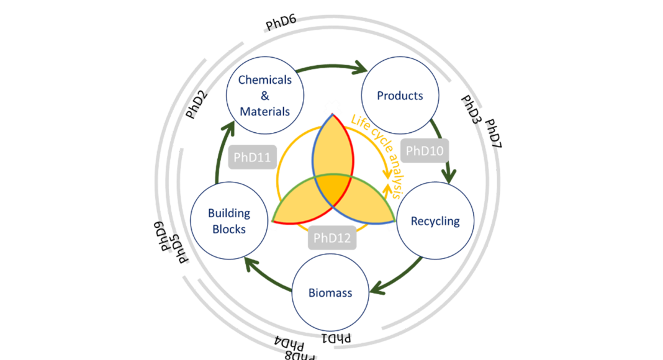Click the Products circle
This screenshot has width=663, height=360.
click(400, 96)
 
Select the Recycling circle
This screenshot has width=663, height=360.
click(435, 221)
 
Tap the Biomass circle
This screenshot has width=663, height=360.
click(330, 292)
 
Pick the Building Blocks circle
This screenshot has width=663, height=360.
click(228, 220)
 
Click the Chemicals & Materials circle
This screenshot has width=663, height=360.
click(264, 96)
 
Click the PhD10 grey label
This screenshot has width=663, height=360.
click(425, 151)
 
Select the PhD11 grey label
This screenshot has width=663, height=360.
click(251, 157)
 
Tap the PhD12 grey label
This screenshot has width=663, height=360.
click(331, 237)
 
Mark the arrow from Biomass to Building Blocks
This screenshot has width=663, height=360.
click(267, 274)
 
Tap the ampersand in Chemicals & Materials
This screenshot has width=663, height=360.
click(264, 96)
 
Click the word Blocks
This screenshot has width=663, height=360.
click(228, 228)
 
